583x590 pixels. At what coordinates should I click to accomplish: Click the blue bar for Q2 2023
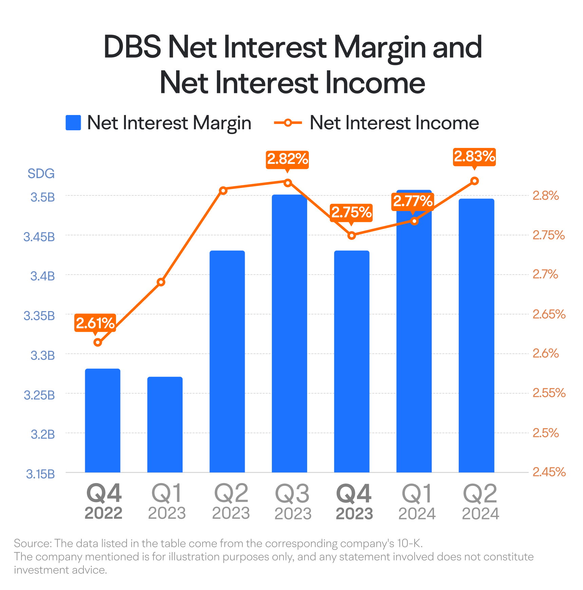click(227, 361)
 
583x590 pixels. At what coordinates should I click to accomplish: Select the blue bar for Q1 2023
click(165, 424)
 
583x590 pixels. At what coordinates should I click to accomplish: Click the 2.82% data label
click(287, 159)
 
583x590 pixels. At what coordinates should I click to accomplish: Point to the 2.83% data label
click(474, 157)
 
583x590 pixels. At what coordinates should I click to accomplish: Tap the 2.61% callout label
click(95, 323)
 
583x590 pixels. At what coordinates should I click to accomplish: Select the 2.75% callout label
click(351, 212)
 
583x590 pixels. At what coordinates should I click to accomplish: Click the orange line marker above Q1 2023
click(161, 282)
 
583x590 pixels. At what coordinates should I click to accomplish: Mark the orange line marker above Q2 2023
click(223, 190)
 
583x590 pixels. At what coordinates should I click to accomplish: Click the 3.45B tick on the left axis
click(39, 237)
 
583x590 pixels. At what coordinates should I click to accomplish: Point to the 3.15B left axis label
click(40, 474)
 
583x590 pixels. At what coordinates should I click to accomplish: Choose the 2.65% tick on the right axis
click(549, 314)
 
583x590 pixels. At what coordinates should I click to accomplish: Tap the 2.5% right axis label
click(545, 433)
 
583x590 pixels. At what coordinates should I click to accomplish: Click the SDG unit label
click(41, 174)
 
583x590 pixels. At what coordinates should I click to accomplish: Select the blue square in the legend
click(73, 122)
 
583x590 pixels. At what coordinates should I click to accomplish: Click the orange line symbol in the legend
click(288, 122)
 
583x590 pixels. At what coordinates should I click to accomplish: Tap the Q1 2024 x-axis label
click(417, 502)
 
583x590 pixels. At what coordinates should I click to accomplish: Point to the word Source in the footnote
click(32, 543)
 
